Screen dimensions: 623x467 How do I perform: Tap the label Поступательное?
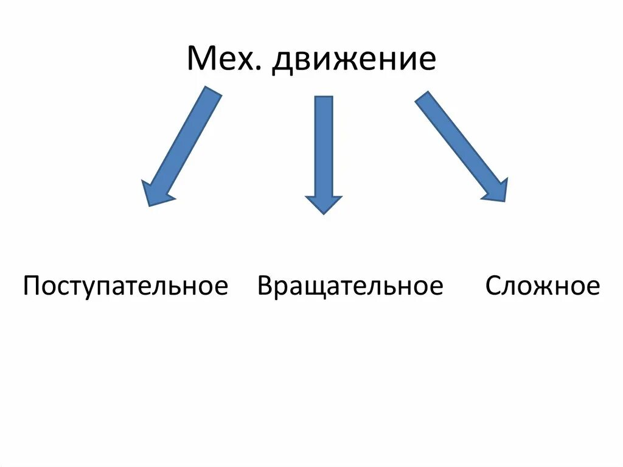point(125,286)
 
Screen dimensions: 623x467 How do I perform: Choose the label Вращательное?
point(350,286)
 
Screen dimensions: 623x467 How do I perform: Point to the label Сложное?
point(543,286)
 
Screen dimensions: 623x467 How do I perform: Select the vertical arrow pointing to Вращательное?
point(324,152)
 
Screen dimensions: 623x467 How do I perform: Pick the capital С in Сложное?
point(493,286)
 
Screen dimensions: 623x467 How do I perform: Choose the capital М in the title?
point(200,60)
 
